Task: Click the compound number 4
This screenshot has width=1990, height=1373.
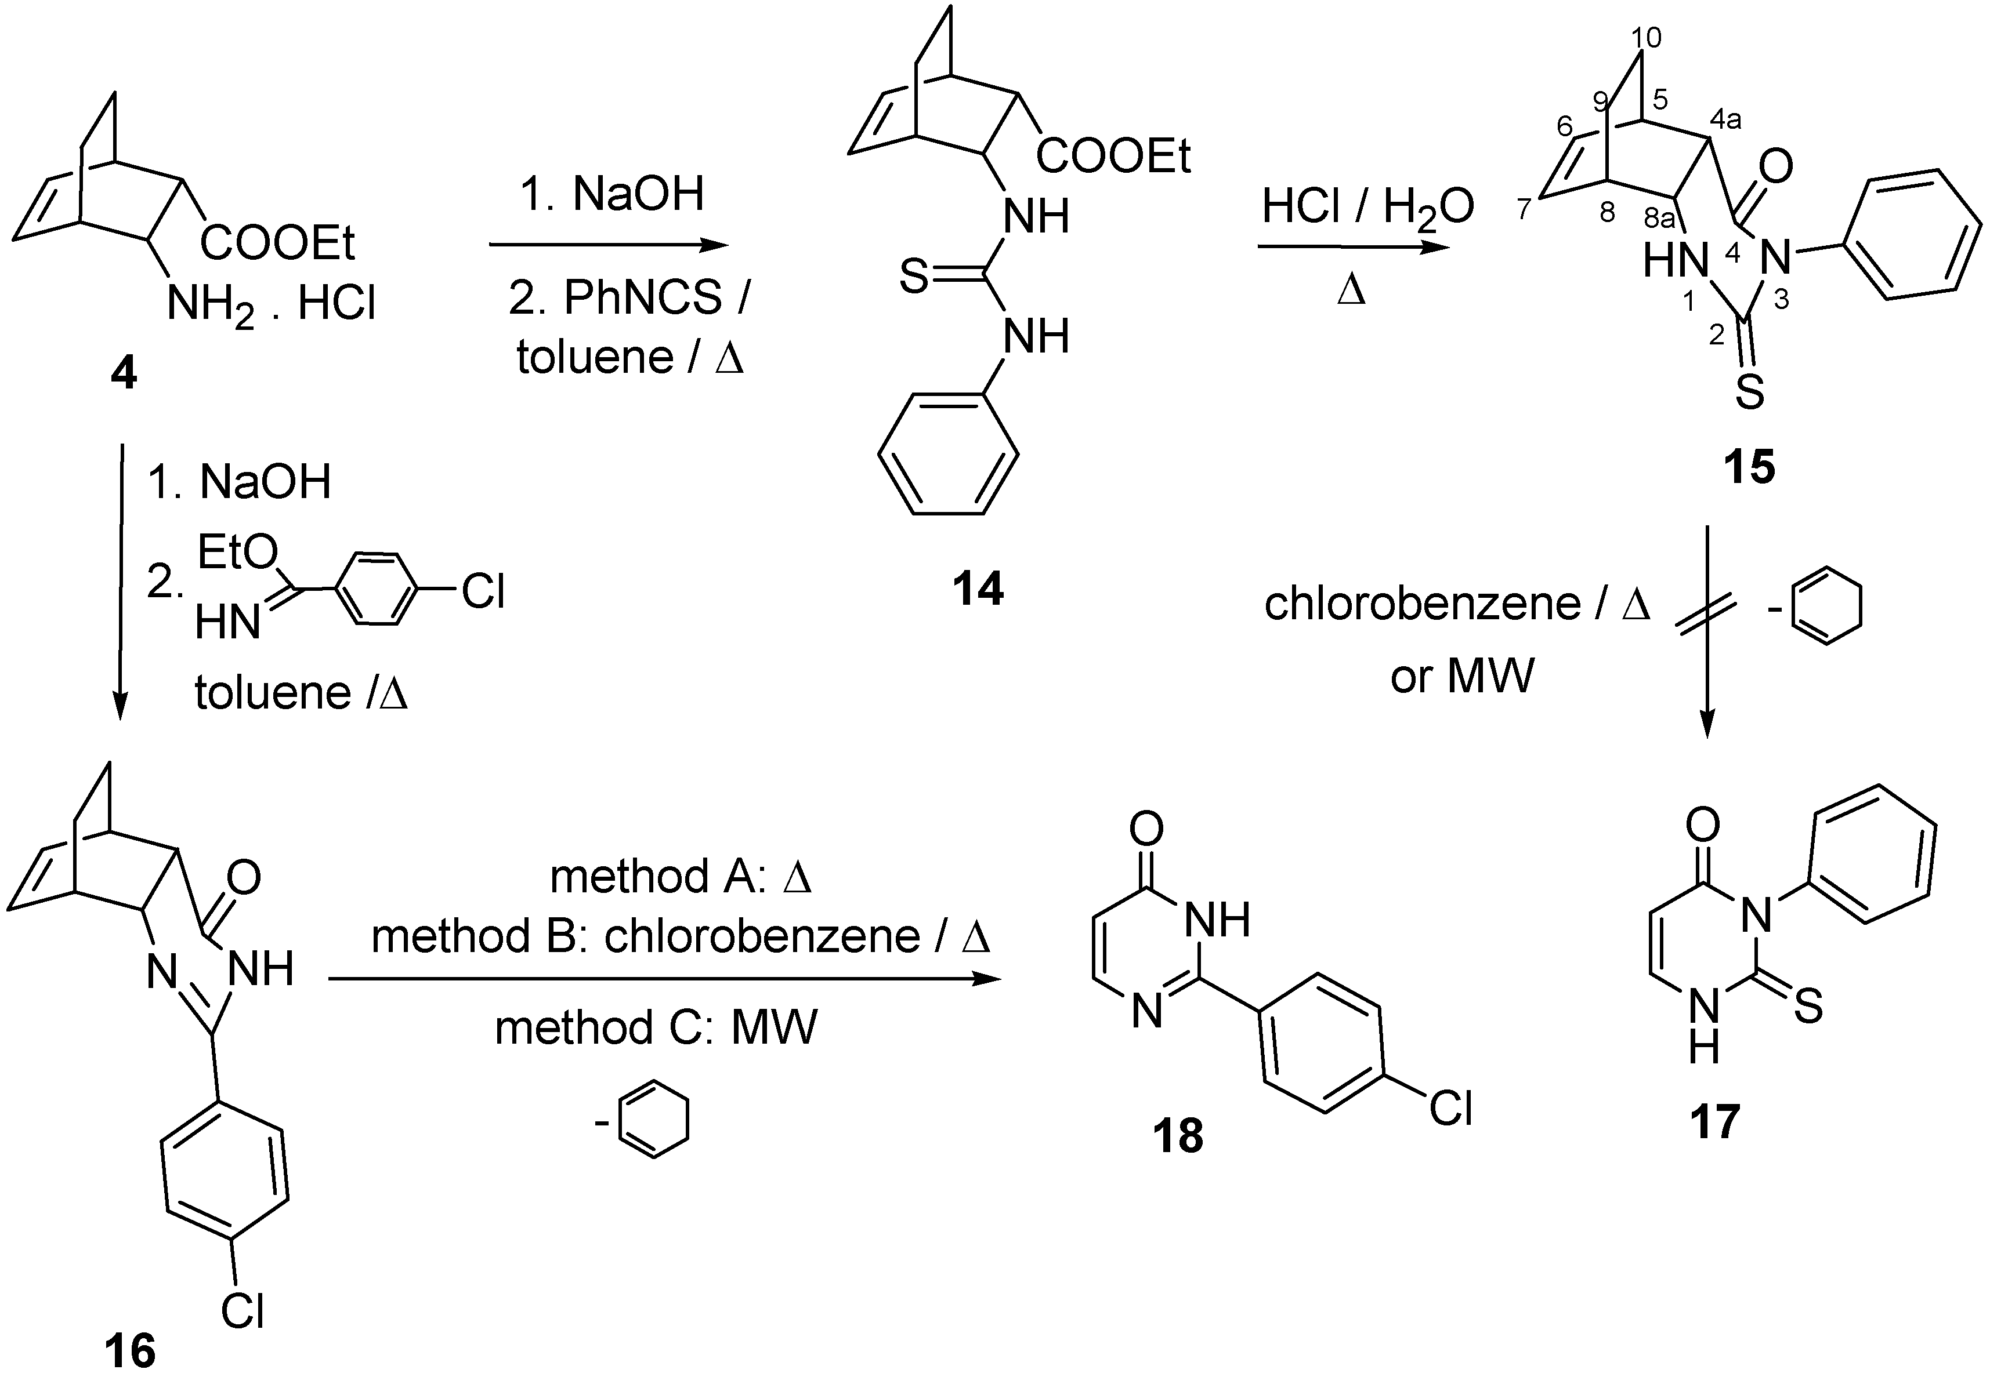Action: pyautogui.click(x=124, y=373)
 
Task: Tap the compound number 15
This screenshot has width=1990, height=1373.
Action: pyautogui.click(x=1749, y=467)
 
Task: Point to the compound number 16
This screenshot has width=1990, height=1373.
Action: pyautogui.click(x=131, y=1348)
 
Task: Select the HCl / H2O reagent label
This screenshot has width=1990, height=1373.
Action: pyautogui.click(x=1367, y=208)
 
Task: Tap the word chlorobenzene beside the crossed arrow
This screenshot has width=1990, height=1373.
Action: pyautogui.click(x=1422, y=604)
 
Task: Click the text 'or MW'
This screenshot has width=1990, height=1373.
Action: pyautogui.click(x=1461, y=676)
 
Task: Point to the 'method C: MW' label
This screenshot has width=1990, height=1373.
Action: pyautogui.click(x=656, y=1027)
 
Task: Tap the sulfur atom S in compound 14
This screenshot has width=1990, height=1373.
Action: pyautogui.click(x=914, y=277)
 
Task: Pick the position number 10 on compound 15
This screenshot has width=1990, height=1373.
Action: pyautogui.click(x=1646, y=38)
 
